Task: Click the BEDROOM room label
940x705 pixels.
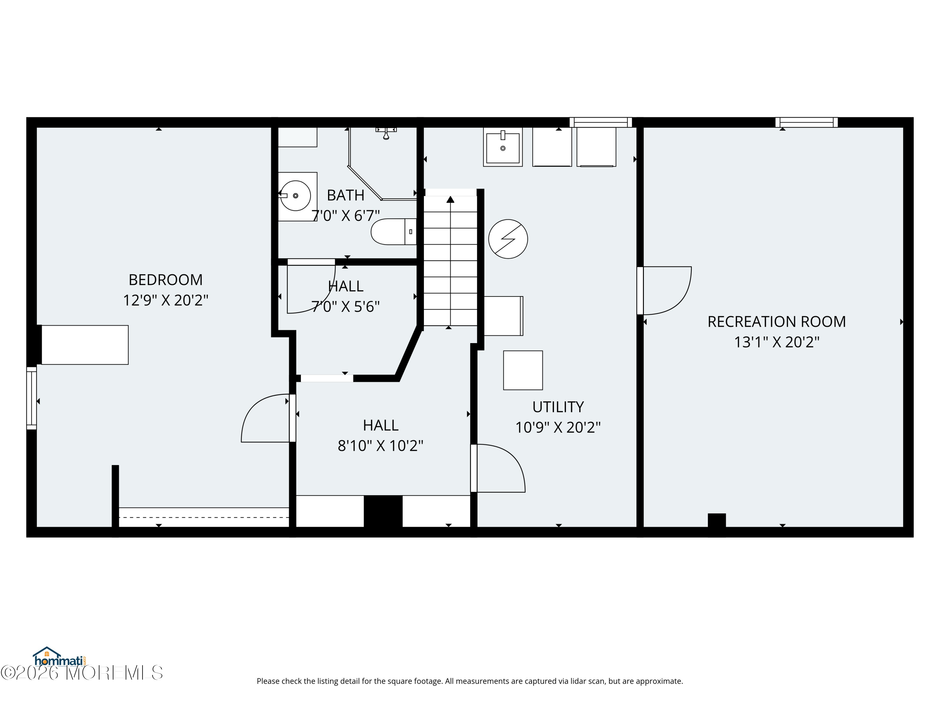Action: coord(166,279)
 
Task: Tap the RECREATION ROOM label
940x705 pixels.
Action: coord(776,322)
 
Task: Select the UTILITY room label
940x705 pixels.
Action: coord(558,407)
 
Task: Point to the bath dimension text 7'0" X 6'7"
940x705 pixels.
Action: coord(346,216)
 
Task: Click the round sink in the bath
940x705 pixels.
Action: coord(296,196)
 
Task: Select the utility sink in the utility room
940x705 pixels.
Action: coord(503,147)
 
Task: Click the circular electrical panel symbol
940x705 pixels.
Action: coord(508,239)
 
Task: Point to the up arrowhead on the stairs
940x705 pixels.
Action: coord(451,199)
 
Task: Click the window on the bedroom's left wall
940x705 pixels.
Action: coord(31,398)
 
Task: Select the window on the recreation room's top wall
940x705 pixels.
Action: coord(807,123)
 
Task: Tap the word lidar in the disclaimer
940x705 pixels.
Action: coord(569,681)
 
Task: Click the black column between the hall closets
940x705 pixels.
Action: coord(383,511)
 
